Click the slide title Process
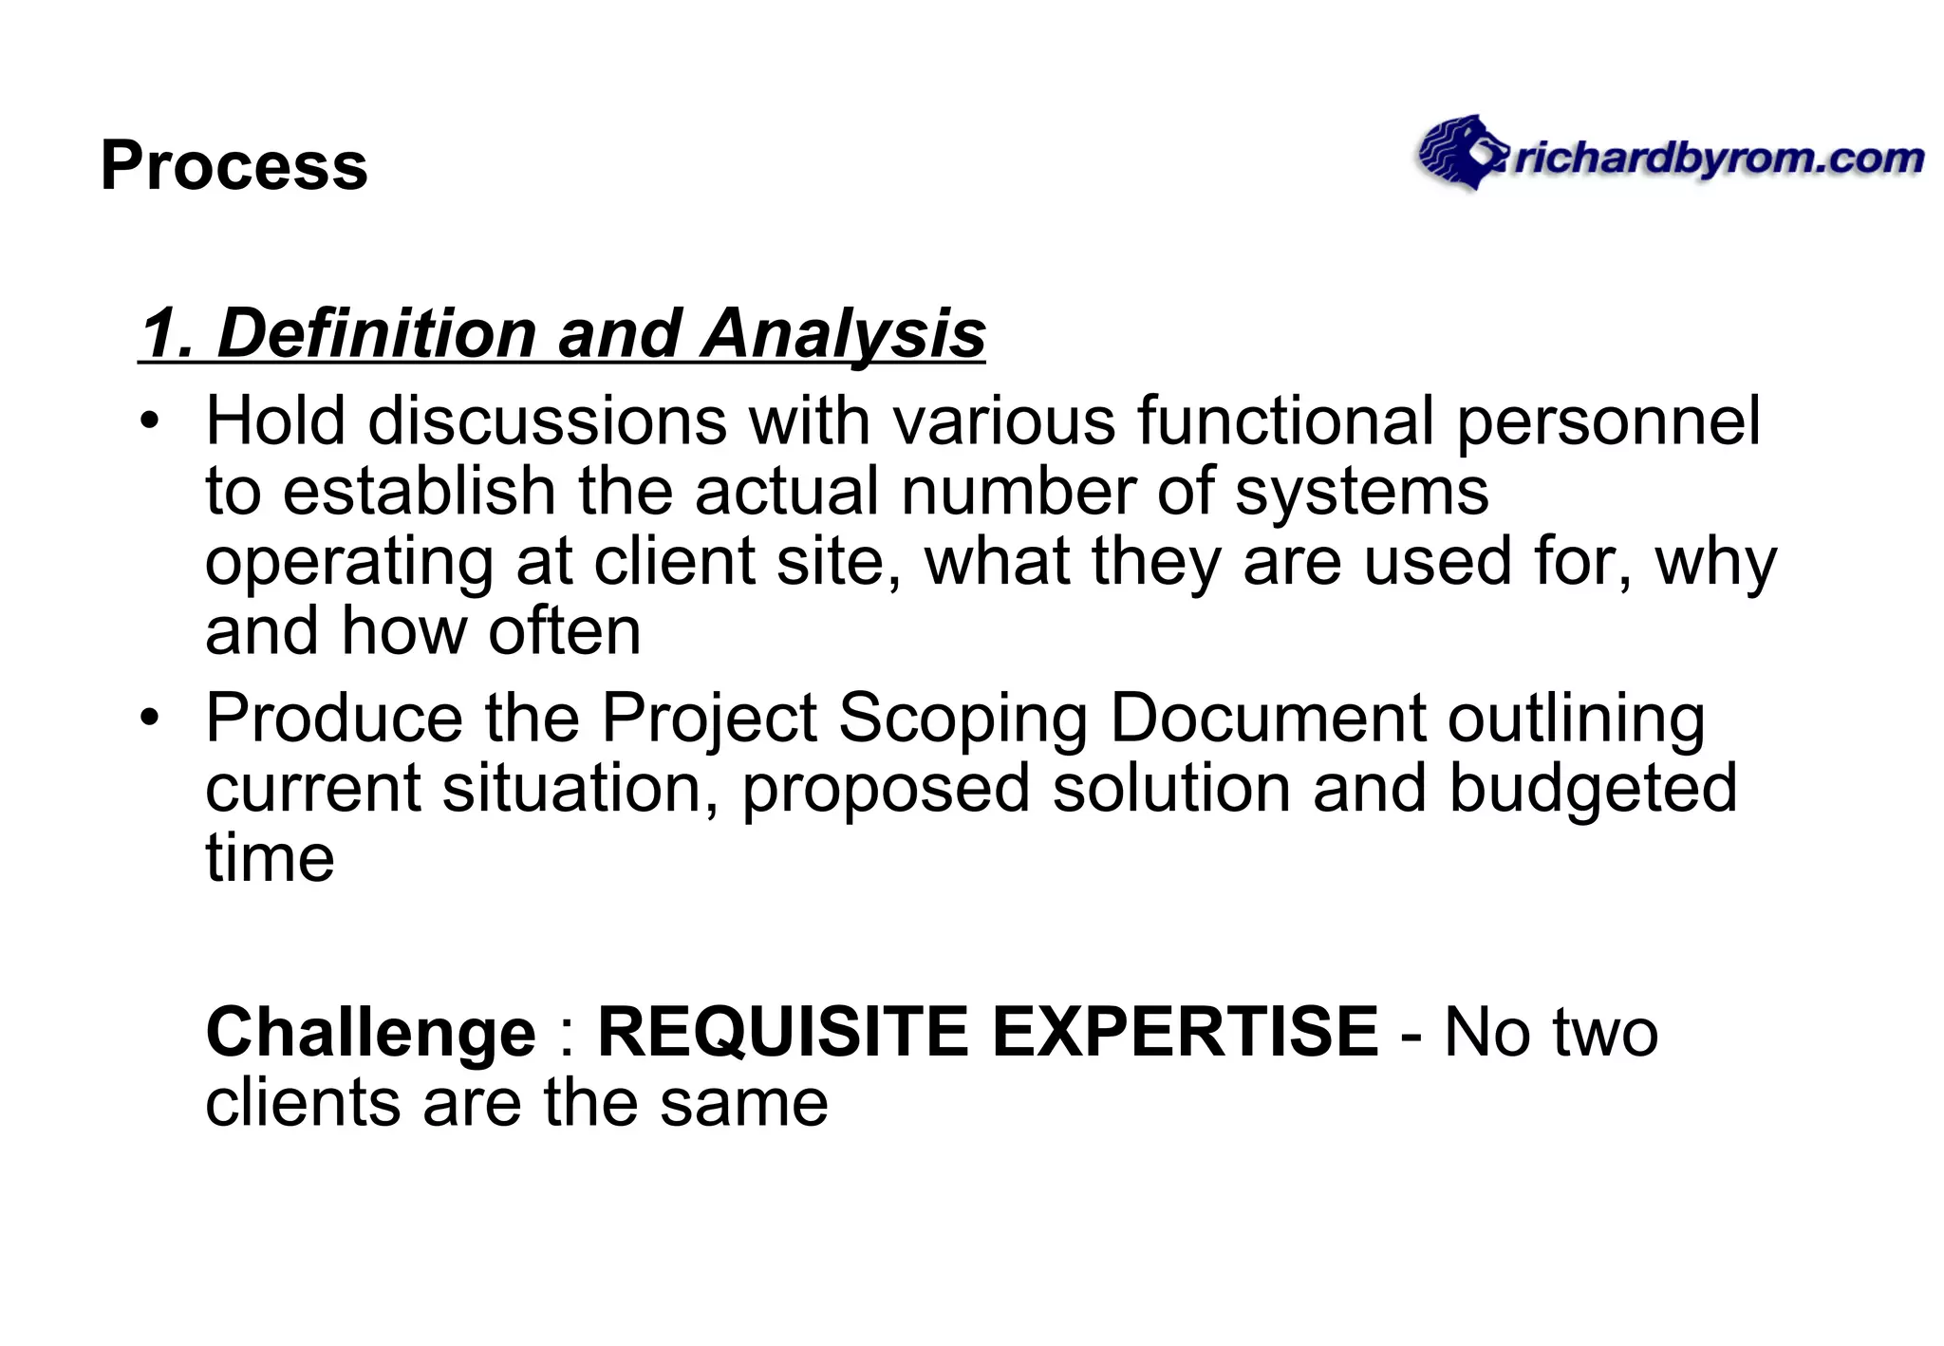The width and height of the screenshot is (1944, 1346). tap(234, 166)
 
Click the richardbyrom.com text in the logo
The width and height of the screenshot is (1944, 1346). tap(1718, 159)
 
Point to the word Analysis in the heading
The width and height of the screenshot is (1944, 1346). tap(843, 334)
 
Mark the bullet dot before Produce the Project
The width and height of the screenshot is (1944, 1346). tap(149, 718)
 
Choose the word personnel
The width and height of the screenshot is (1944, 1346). tap(1608, 421)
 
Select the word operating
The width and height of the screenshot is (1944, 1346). tap(349, 563)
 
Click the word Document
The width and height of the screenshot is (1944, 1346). tap(1267, 718)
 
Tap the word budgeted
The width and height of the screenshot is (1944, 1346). tap(1593, 789)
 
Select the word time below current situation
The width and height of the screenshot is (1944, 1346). tap(270, 858)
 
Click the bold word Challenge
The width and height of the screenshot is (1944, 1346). tap(371, 1033)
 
